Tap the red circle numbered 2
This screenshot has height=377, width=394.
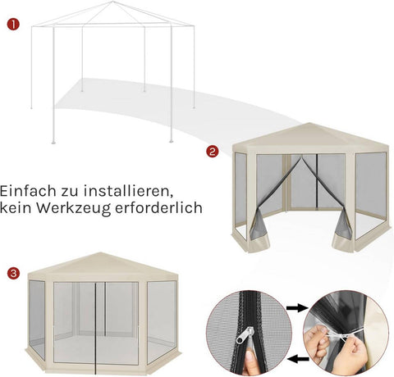212,151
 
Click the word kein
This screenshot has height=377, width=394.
18,208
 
